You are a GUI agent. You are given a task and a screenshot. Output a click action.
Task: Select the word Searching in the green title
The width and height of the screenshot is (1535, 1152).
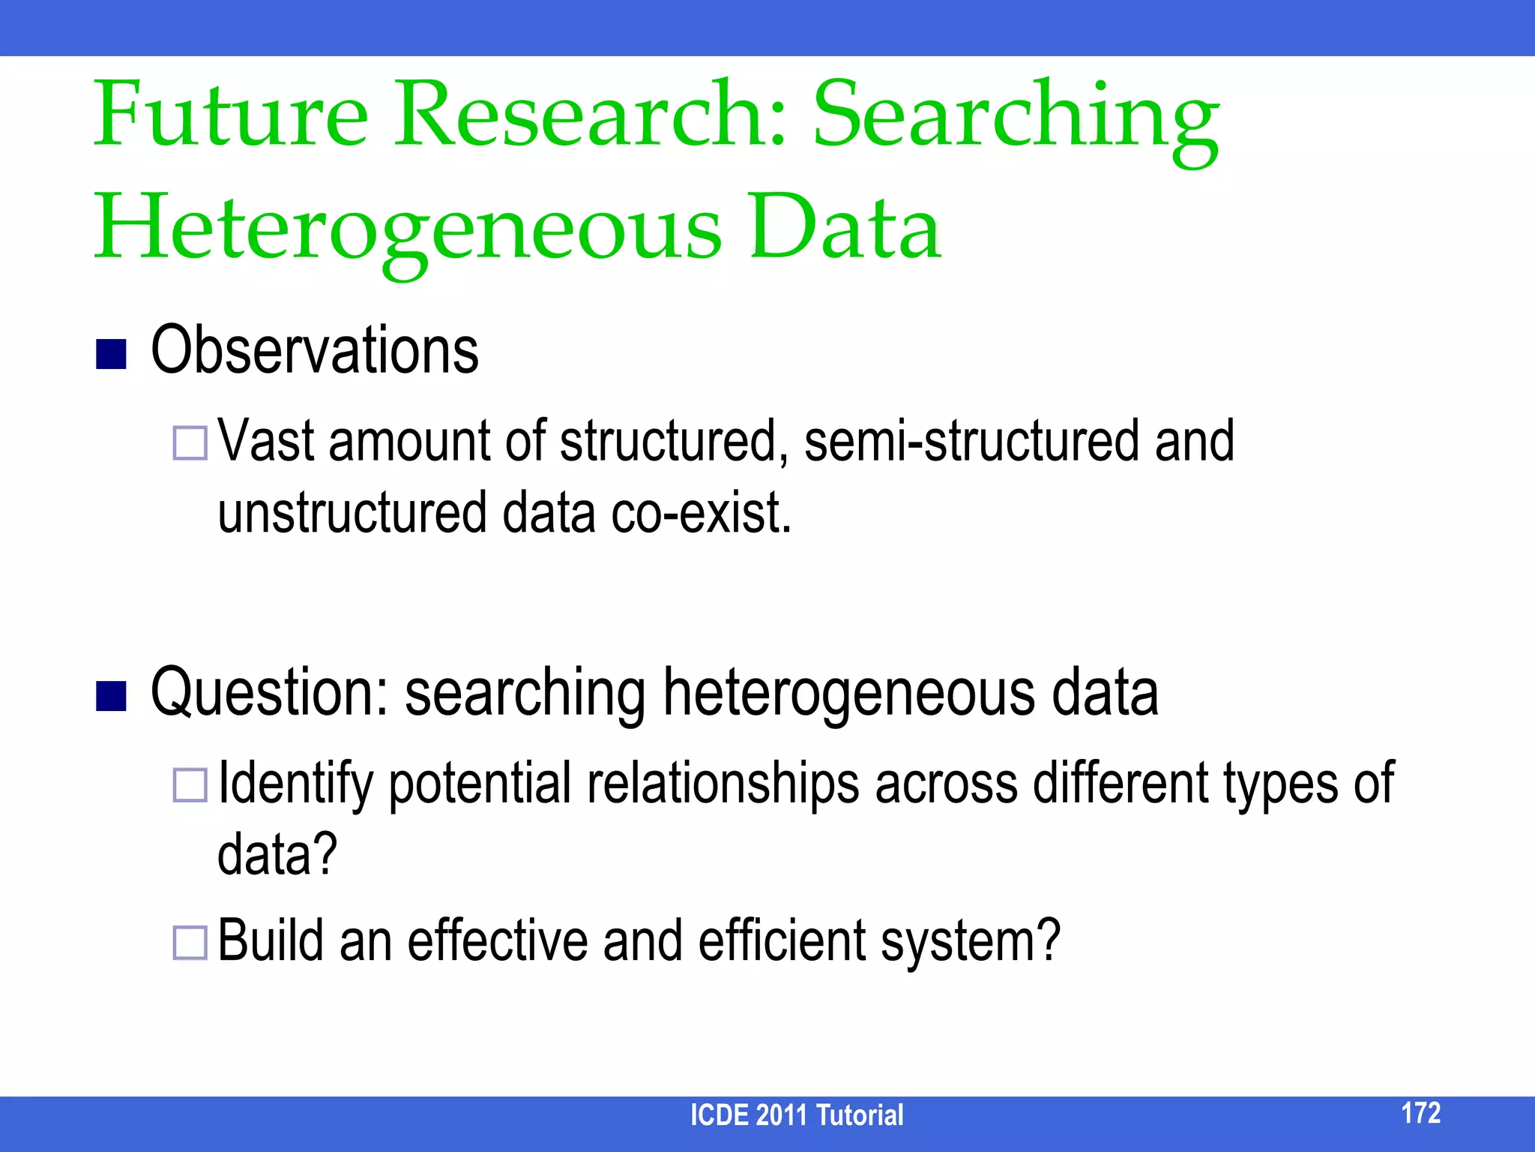[1016, 120]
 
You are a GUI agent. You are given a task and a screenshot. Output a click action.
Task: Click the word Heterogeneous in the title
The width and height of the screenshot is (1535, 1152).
[408, 229]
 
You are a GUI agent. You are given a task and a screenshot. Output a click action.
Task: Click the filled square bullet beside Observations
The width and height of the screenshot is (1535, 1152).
[111, 354]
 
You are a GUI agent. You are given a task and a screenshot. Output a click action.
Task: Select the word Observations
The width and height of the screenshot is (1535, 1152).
[315, 350]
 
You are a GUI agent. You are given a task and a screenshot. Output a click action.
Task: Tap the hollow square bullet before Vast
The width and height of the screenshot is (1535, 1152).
[190, 442]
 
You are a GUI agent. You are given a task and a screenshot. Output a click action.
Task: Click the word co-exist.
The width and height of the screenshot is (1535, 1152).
[702, 513]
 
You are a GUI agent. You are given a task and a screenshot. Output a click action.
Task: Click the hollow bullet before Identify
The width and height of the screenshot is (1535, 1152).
[190, 785]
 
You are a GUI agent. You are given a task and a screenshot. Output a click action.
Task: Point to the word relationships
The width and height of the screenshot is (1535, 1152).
[723, 784]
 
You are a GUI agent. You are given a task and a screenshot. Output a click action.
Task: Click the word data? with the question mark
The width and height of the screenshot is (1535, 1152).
[277, 855]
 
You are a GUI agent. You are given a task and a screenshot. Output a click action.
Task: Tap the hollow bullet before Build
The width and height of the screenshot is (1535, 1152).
[190, 943]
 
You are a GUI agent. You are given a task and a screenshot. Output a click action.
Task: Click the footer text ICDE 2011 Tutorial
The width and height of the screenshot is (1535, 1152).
[797, 1115]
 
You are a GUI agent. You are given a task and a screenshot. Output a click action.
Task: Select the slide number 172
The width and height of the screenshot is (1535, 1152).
[1420, 1112]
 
